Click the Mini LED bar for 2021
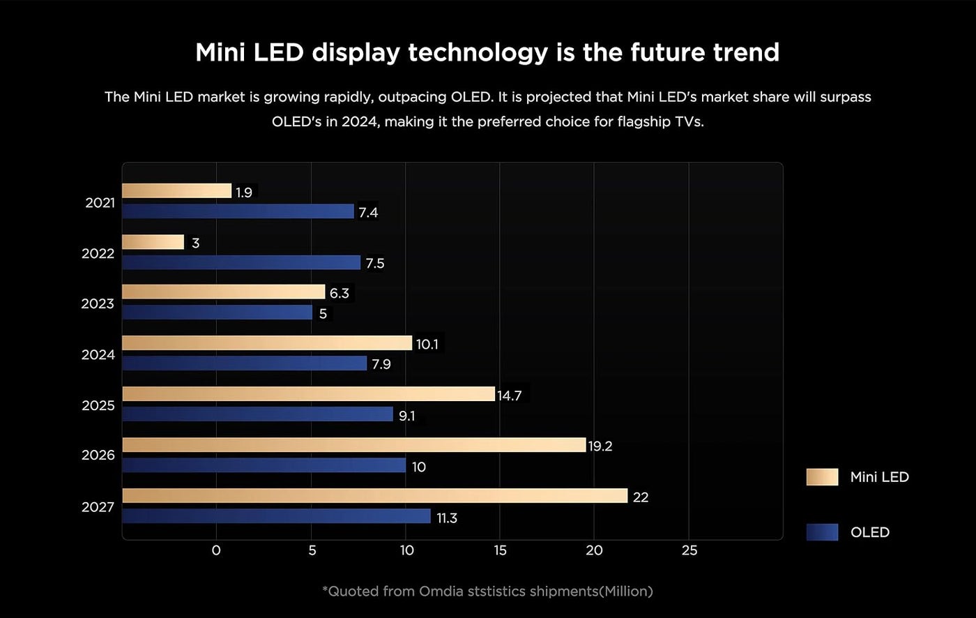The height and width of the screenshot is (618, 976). click(176, 191)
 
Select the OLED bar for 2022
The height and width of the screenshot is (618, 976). click(241, 263)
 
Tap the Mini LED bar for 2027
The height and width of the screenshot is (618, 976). click(375, 496)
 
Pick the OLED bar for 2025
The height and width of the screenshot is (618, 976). click(257, 414)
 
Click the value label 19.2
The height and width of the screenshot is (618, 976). click(600, 446)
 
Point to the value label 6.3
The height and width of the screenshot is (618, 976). click(340, 293)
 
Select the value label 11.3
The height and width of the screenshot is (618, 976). click(447, 518)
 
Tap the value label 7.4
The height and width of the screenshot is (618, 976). click(368, 212)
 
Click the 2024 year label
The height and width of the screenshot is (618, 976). click(98, 354)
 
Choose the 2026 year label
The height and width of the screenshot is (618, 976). click(98, 455)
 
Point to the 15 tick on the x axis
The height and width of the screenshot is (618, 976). click(500, 550)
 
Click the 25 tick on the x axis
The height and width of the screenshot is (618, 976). click(689, 550)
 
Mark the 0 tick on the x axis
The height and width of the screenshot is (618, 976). click(216, 550)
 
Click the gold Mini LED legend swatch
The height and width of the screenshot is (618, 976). click(822, 477)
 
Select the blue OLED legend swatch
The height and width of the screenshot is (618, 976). click(822, 532)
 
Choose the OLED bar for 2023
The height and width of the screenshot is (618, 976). click(218, 312)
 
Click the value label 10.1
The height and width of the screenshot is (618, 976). click(427, 344)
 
